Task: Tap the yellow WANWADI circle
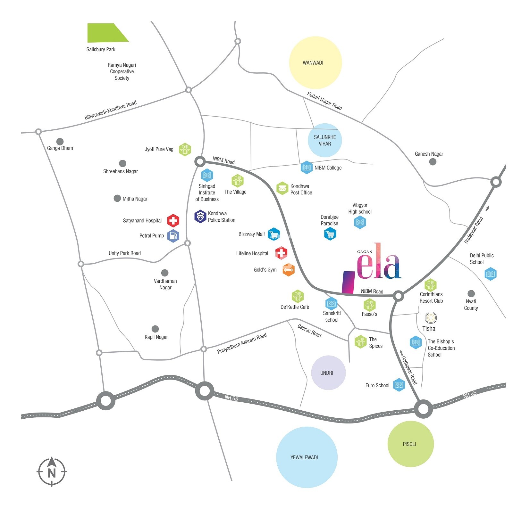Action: coord(315,62)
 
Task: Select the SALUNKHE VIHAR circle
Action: coord(324,140)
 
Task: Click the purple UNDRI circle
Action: coord(328,373)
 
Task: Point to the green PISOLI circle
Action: coord(410,444)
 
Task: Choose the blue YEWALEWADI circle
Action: coord(306,457)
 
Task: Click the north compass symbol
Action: coord(52,472)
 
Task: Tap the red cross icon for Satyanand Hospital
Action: coord(173,220)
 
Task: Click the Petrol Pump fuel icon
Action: coord(173,236)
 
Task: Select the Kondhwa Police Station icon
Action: coord(200,217)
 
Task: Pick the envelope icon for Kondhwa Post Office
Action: coord(282,188)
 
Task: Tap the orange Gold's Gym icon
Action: coord(288,270)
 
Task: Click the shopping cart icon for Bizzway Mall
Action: coord(273,234)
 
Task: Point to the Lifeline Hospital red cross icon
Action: coord(281,253)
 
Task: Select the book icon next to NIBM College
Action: coord(307,167)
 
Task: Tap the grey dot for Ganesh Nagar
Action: coord(433,162)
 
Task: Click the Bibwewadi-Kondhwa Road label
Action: coord(110,110)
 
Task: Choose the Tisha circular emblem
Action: coord(430,318)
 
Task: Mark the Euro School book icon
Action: coord(399,385)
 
